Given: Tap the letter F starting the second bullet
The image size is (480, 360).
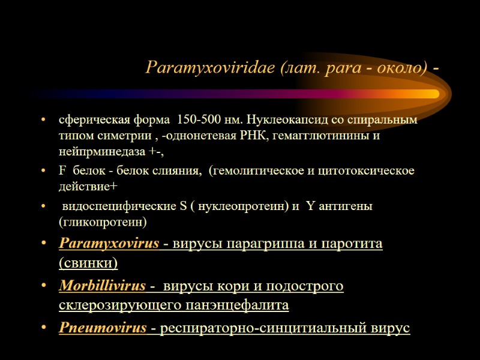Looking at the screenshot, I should tap(62, 171).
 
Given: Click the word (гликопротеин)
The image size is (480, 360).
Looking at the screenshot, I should tap(103, 222).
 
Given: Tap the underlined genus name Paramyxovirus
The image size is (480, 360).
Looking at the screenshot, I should tap(109, 244).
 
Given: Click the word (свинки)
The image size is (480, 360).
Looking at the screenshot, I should tap(88, 263).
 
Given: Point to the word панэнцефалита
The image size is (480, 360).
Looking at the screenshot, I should tap(240, 305).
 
